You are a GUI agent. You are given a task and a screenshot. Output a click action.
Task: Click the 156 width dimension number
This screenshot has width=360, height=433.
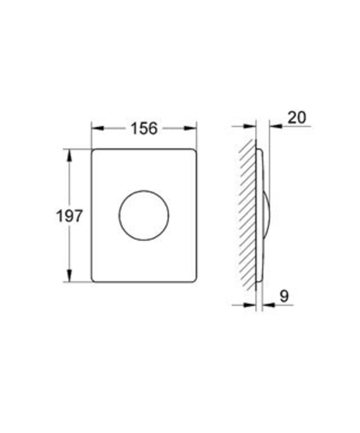click(x=144, y=129)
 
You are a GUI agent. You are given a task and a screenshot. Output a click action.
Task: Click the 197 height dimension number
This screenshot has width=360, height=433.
click(x=69, y=216)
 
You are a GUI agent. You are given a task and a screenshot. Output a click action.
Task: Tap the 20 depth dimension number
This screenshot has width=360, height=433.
click(x=297, y=118)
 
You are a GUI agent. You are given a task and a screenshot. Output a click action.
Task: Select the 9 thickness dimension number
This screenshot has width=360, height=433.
click(x=284, y=296)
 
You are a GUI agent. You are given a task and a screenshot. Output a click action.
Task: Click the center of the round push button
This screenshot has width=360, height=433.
click(x=144, y=215)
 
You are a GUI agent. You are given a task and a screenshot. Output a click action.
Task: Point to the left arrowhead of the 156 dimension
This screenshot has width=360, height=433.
click(x=97, y=128)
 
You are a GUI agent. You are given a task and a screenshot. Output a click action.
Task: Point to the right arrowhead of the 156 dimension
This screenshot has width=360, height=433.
click(x=190, y=128)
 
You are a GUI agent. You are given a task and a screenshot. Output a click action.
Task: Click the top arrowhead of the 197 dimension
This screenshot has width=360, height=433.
click(x=69, y=155)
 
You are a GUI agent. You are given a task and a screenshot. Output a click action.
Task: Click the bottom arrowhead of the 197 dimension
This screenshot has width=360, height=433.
click(x=69, y=276)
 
